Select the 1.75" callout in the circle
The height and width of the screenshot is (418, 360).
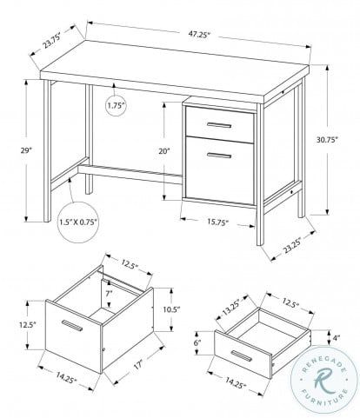tap(115, 106)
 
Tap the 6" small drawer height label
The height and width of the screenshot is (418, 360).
tap(199, 345)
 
